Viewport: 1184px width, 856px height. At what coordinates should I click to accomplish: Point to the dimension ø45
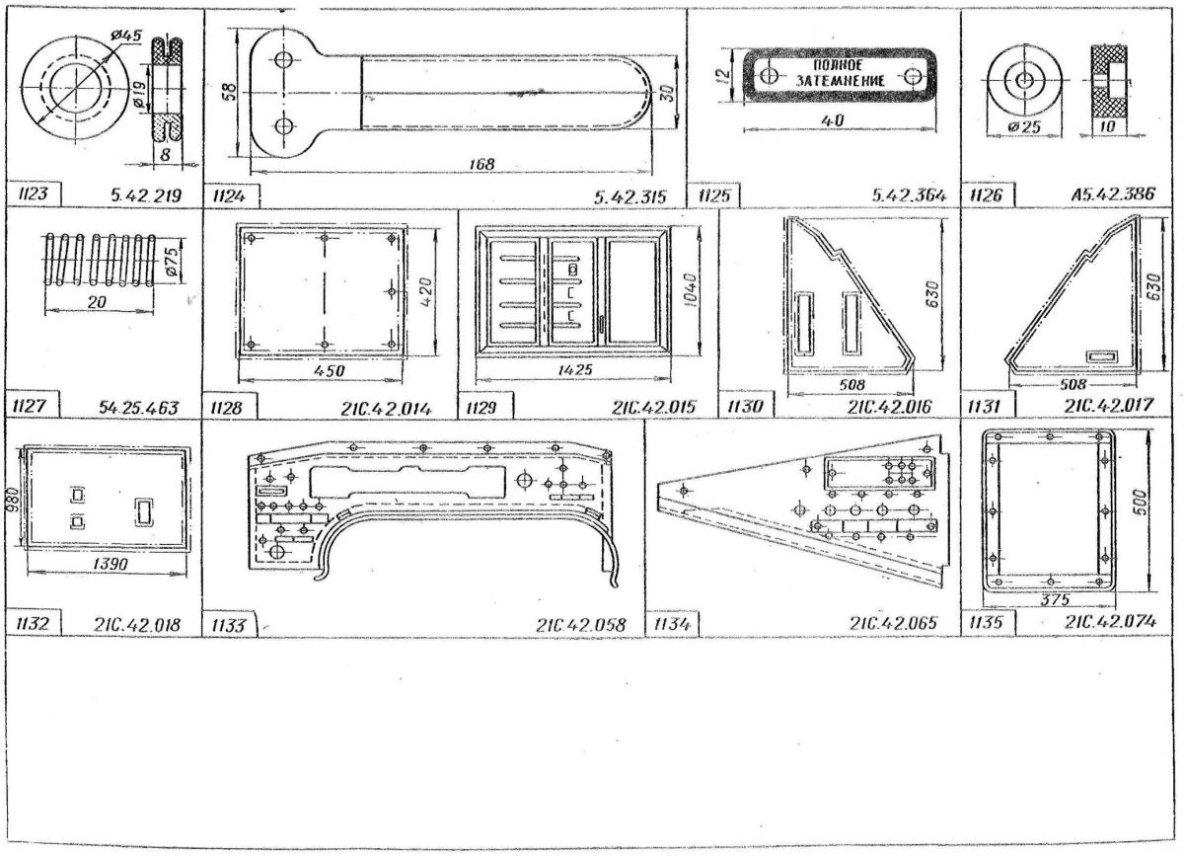tap(126, 37)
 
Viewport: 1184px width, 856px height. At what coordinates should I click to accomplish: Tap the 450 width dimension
tap(328, 370)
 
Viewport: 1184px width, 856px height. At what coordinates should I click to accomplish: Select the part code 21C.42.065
tap(892, 624)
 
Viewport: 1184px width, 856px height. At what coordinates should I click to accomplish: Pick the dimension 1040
tap(692, 290)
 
